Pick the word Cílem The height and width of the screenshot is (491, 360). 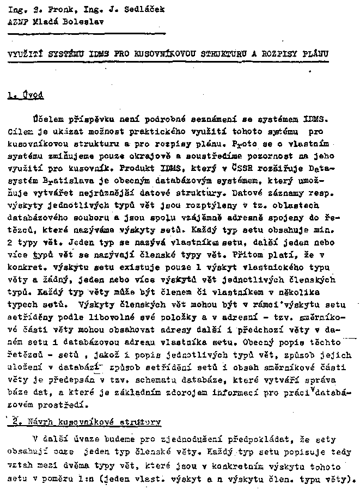coord(20,131)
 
